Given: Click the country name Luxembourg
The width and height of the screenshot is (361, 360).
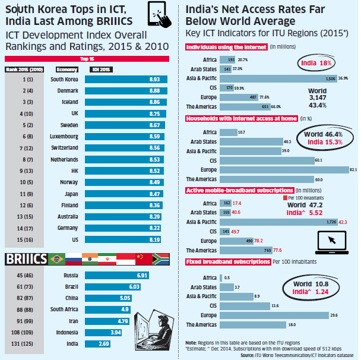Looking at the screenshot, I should [x=65, y=136].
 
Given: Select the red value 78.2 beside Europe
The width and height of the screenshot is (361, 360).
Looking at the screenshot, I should [x=309, y=241].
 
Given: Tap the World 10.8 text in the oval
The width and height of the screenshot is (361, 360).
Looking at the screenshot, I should [x=311, y=285].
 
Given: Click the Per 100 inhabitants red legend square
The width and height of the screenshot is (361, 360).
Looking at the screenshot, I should [x=284, y=197].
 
